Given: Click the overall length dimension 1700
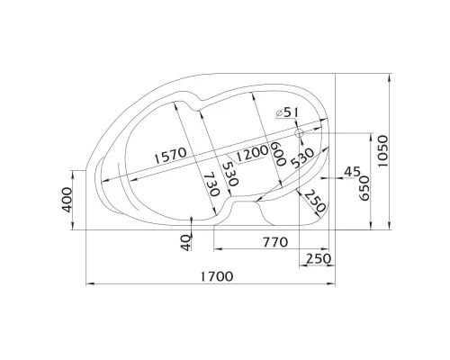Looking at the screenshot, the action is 217,276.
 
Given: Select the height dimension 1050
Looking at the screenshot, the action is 382,151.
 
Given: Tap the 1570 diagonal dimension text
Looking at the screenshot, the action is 170,156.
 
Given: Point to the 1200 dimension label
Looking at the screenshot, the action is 252,153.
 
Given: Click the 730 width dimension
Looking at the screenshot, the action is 211,185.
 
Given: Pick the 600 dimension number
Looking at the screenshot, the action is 278,154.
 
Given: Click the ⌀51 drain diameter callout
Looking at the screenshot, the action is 287,112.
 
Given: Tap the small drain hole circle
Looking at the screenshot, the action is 299,133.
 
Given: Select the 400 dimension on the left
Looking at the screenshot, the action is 67,200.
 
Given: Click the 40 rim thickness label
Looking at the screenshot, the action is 186,243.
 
